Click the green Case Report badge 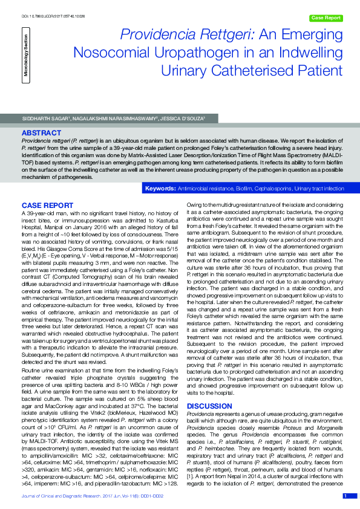click(x=325, y=18)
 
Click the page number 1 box click(x=345, y=496)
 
